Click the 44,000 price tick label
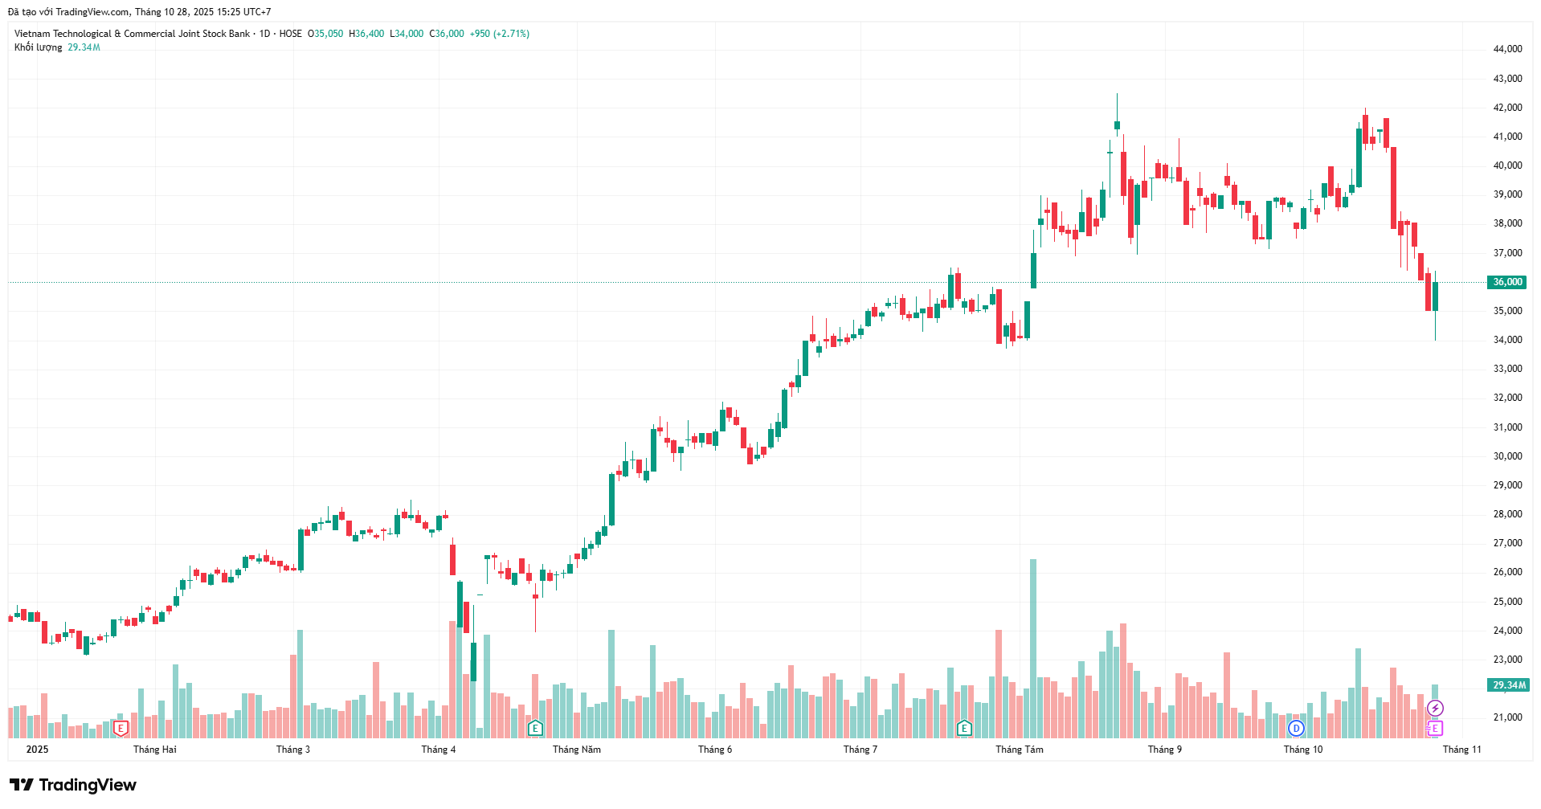tap(1507, 49)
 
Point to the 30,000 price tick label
tap(1507, 456)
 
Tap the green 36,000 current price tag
tap(1507, 282)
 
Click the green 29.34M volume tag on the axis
tap(1508, 685)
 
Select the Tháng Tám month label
tap(1019, 750)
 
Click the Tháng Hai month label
tap(154, 750)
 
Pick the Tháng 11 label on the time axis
tap(1461, 750)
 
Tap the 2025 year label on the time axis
tap(37, 750)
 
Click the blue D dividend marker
tap(1295, 729)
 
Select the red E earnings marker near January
tap(121, 729)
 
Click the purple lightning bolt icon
tap(1435, 709)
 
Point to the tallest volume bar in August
tap(1033, 648)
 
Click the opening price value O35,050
tap(325, 34)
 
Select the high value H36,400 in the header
tap(366, 34)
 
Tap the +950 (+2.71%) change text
tap(499, 34)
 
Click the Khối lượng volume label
tap(38, 47)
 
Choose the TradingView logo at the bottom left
tap(72, 785)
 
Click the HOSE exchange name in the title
tap(290, 34)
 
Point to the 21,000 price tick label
tap(1507, 717)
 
